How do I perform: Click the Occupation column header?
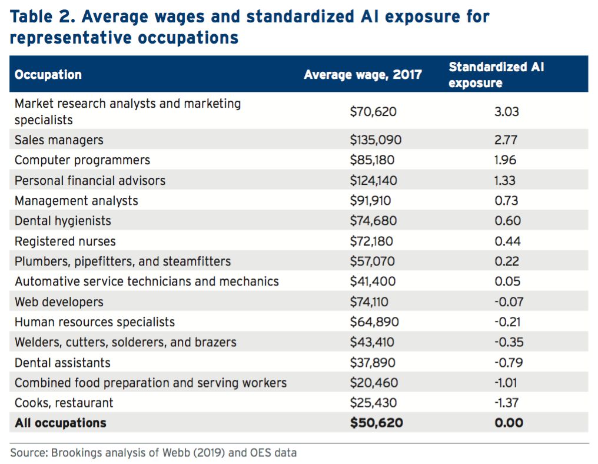48,75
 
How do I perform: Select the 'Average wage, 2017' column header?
363,75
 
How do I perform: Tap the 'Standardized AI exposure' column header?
496,75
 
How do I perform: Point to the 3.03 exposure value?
507,111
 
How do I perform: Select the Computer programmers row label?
82,160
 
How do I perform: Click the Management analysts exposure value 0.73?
507,201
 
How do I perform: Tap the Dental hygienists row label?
63,221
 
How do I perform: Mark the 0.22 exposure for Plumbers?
507,261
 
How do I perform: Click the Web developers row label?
59,302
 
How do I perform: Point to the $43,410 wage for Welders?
372,342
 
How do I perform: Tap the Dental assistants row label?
62,362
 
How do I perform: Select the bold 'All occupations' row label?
61,423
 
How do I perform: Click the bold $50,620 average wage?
376,423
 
